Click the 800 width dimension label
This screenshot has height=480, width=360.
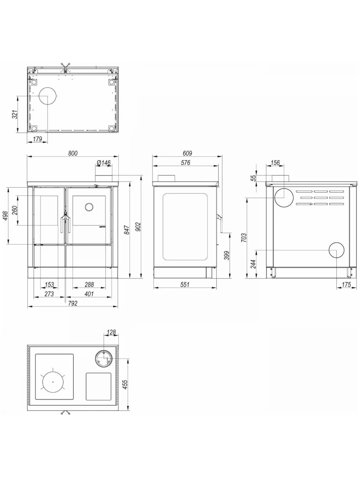[x=73, y=153]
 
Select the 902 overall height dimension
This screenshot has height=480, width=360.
[x=138, y=227]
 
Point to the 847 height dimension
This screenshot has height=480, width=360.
[x=127, y=229]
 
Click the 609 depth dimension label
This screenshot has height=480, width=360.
[x=187, y=153]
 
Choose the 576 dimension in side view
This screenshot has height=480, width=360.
[x=186, y=162]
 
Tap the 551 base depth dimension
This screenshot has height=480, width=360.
[x=185, y=285]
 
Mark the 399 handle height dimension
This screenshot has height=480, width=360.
[x=227, y=255]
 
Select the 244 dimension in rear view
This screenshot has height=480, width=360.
[x=253, y=264]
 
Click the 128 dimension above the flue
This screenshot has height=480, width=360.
[x=111, y=332]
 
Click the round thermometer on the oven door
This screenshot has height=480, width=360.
[x=89, y=207]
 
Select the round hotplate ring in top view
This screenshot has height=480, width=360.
[x=53, y=382]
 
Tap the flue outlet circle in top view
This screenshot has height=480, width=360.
[x=104, y=359]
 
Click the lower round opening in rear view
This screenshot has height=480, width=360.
[x=336, y=250]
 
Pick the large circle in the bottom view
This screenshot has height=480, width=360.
[x=48, y=96]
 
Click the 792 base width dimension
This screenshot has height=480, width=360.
[x=72, y=303]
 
